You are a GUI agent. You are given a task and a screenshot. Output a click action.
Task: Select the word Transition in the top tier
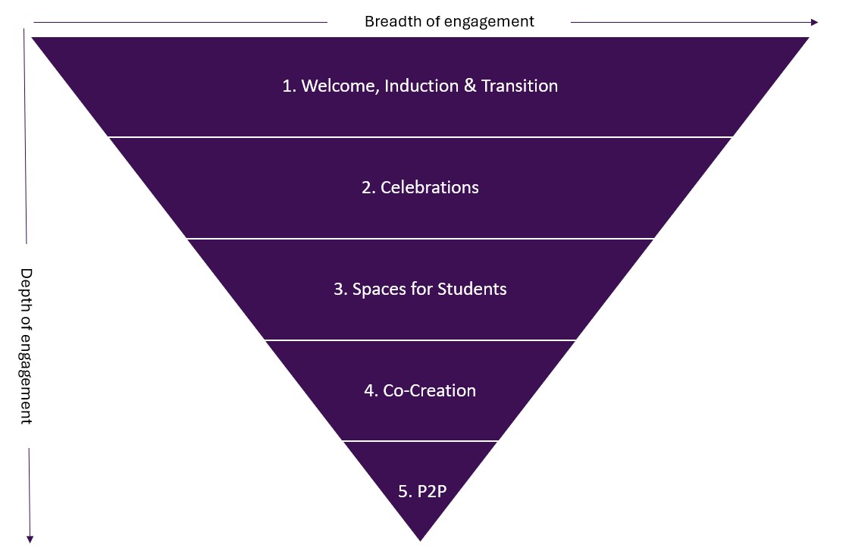pyautogui.click(x=519, y=86)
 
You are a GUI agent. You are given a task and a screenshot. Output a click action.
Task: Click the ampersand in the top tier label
pyautogui.click(x=470, y=86)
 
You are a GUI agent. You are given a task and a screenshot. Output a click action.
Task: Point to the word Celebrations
pyautogui.click(x=430, y=187)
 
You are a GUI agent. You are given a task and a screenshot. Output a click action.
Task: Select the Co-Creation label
pyautogui.click(x=429, y=390)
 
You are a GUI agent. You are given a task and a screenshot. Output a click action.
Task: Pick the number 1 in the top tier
pyautogui.click(x=287, y=86)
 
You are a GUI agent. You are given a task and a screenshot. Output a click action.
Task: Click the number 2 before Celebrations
pyautogui.click(x=367, y=187)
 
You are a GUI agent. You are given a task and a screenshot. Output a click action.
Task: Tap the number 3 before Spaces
pyautogui.click(x=339, y=289)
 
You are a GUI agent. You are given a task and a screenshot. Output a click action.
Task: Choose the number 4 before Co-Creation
pyautogui.click(x=369, y=390)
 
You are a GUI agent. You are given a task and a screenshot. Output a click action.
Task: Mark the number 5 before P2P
pyautogui.click(x=403, y=491)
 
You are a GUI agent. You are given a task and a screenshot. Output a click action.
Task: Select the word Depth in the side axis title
pyautogui.click(x=26, y=287)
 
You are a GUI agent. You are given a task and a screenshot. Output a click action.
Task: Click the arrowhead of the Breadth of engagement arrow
pyautogui.click(x=814, y=23)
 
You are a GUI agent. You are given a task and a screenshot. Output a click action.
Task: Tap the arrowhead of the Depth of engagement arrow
pyautogui.click(x=30, y=539)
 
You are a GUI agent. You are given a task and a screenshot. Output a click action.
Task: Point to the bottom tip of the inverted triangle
pyautogui.click(x=420, y=540)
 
